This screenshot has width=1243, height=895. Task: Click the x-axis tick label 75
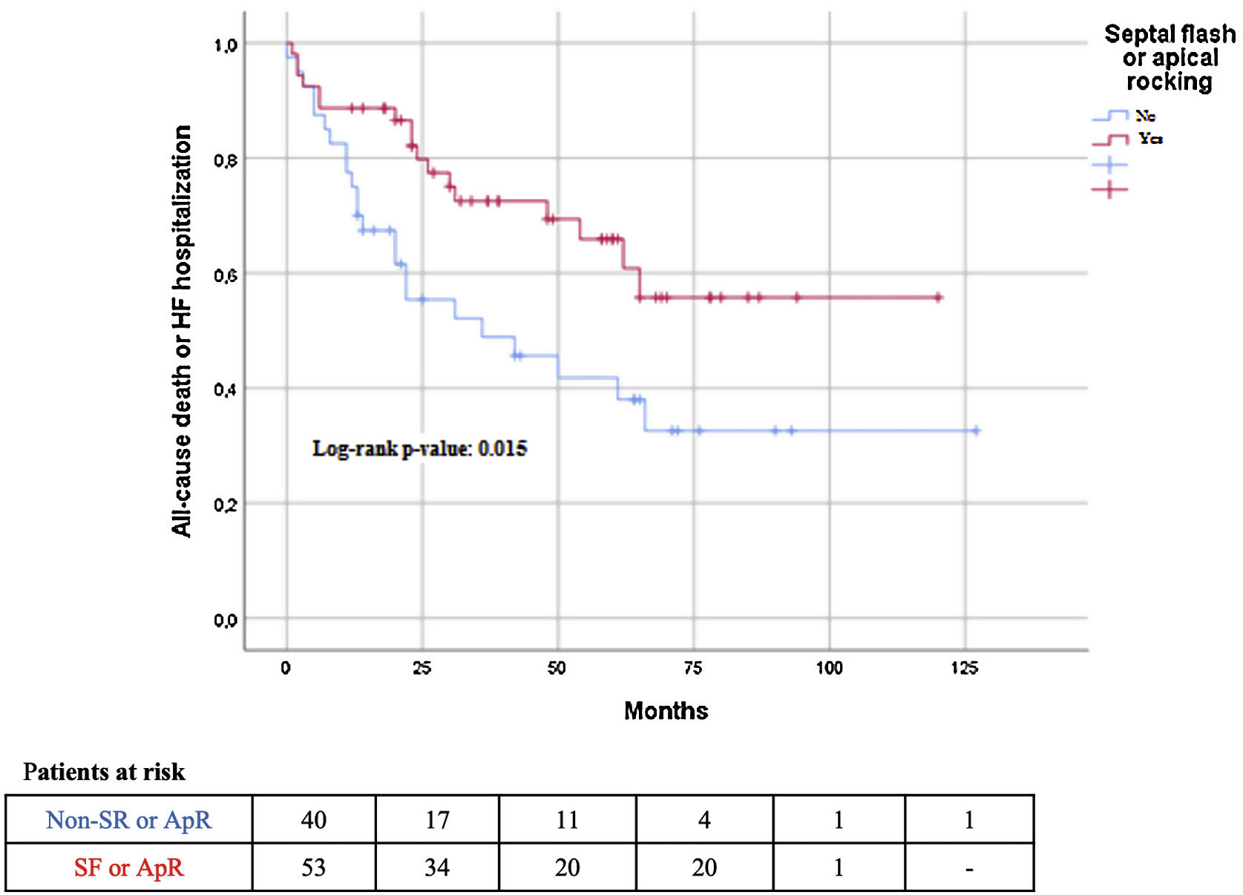tap(693, 668)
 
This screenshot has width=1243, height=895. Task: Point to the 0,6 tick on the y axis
tap(226, 275)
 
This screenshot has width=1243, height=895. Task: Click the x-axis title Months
tap(666, 710)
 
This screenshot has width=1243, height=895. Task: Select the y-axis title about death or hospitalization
tap(182, 331)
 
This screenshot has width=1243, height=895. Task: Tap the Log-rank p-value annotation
tap(419, 448)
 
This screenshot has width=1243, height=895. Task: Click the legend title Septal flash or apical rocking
tap(1170, 58)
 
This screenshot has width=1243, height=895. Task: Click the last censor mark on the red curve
tap(938, 298)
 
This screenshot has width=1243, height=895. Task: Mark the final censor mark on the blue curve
tap(976, 430)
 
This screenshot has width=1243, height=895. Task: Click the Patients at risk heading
tap(104, 772)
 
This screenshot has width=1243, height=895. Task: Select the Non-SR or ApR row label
tap(128, 819)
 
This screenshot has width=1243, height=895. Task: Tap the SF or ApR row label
tap(128, 867)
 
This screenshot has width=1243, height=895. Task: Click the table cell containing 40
tap(313, 819)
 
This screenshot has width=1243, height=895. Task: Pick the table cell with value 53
tap(313, 867)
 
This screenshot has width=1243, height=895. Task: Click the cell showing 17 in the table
tap(437, 819)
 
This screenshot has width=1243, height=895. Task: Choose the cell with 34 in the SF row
tap(437, 867)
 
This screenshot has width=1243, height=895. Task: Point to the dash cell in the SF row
tap(968, 867)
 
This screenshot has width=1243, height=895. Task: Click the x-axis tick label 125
tap(965, 668)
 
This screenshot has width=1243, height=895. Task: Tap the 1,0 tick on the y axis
tap(226, 45)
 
